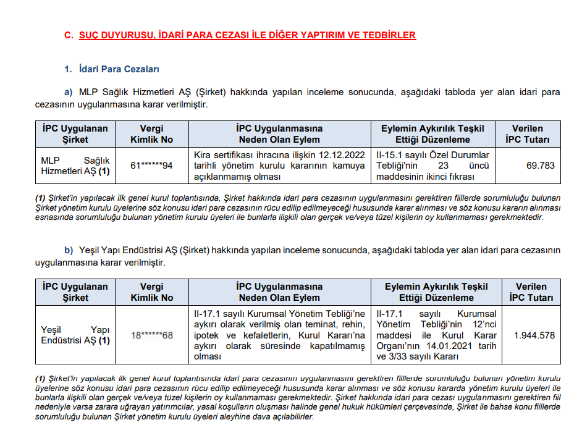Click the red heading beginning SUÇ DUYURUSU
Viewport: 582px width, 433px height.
(247, 35)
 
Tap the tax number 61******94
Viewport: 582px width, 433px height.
(151, 166)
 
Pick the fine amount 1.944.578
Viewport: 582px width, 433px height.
(534, 335)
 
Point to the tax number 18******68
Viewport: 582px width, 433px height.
(151, 335)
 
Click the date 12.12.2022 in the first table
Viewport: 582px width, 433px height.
(340, 154)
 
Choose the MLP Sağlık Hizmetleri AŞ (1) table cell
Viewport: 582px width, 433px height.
(75, 166)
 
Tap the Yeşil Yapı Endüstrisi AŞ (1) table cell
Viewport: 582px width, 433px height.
(75, 335)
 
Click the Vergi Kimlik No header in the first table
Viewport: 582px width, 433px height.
(151, 134)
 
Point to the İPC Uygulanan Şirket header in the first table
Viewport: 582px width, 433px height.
(75, 134)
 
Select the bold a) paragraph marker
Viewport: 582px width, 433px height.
(69, 93)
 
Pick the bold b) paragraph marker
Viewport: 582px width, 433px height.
(69, 250)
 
